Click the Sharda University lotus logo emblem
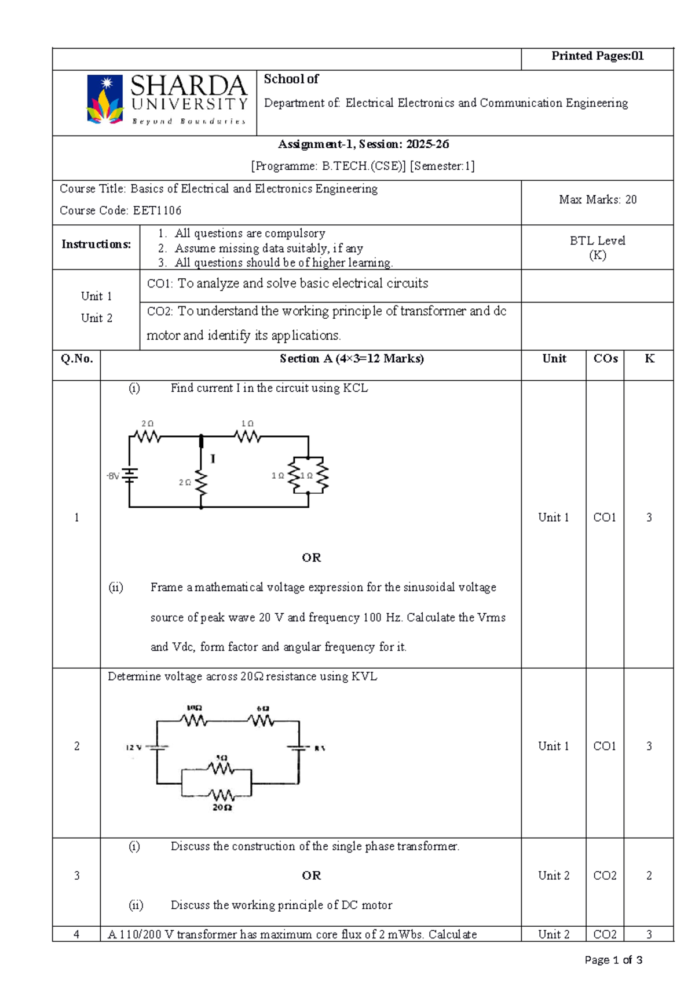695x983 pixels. pyautogui.click(x=105, y=100)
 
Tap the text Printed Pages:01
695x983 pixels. pyautogui.click(x=597, y=56)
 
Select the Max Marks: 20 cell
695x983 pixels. pyautogui.click(x=597, y=200)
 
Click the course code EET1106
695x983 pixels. pyautogui.click(x=157, y=211)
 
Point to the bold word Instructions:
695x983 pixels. pyautogui.click(x=96, y=245)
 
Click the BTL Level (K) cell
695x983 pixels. pyautogui.click(x=597, y=248)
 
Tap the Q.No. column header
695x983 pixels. pyautogui.click(x=76, y=359)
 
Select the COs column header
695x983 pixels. pyautogui.click(x=605, y=359)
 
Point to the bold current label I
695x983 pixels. pyautogui.click(x=213, y=459)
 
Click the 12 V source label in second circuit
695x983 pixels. pyautogui.click(x=134, y=748)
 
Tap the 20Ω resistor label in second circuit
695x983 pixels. pyautogui.click(x=222, y=807)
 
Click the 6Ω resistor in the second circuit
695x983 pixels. pyautogui.click(x=261, y=720)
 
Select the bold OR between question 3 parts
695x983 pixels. pyautogui.click(x=311, y=876)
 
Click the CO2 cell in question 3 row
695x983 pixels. pyautogui.click(x=605, y=876)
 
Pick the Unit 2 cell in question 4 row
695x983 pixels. pyautogui.click(x=553, y=934)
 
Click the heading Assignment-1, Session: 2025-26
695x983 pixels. pyautogui.click(x=363, y=144)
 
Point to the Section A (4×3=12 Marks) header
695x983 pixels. pyautogui.click(x=352, y=359)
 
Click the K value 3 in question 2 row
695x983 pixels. pyautogui.click(x=649, y=747)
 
